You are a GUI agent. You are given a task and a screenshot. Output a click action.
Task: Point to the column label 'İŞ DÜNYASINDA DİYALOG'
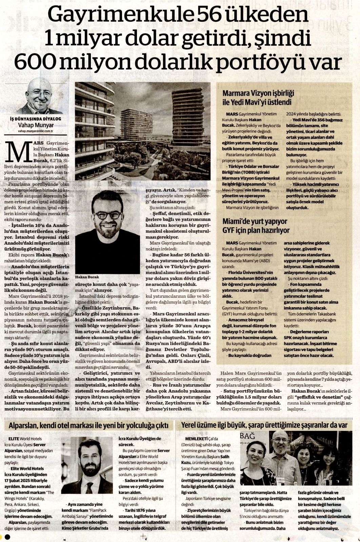[36, 119]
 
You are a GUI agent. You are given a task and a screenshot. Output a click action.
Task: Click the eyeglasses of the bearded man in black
[108, 215]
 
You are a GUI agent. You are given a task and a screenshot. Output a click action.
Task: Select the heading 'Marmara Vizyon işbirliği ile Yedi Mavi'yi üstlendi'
[258, 97]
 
